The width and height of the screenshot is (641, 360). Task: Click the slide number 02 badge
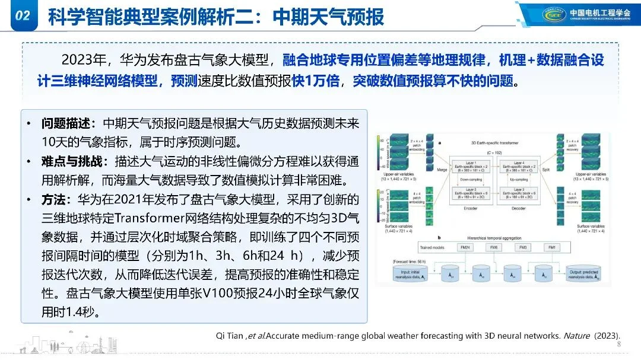[22, 16]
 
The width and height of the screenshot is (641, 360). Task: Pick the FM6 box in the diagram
[493, 247]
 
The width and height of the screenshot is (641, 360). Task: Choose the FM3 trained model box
[522, 247]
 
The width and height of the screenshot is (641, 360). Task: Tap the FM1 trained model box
[551, 247]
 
